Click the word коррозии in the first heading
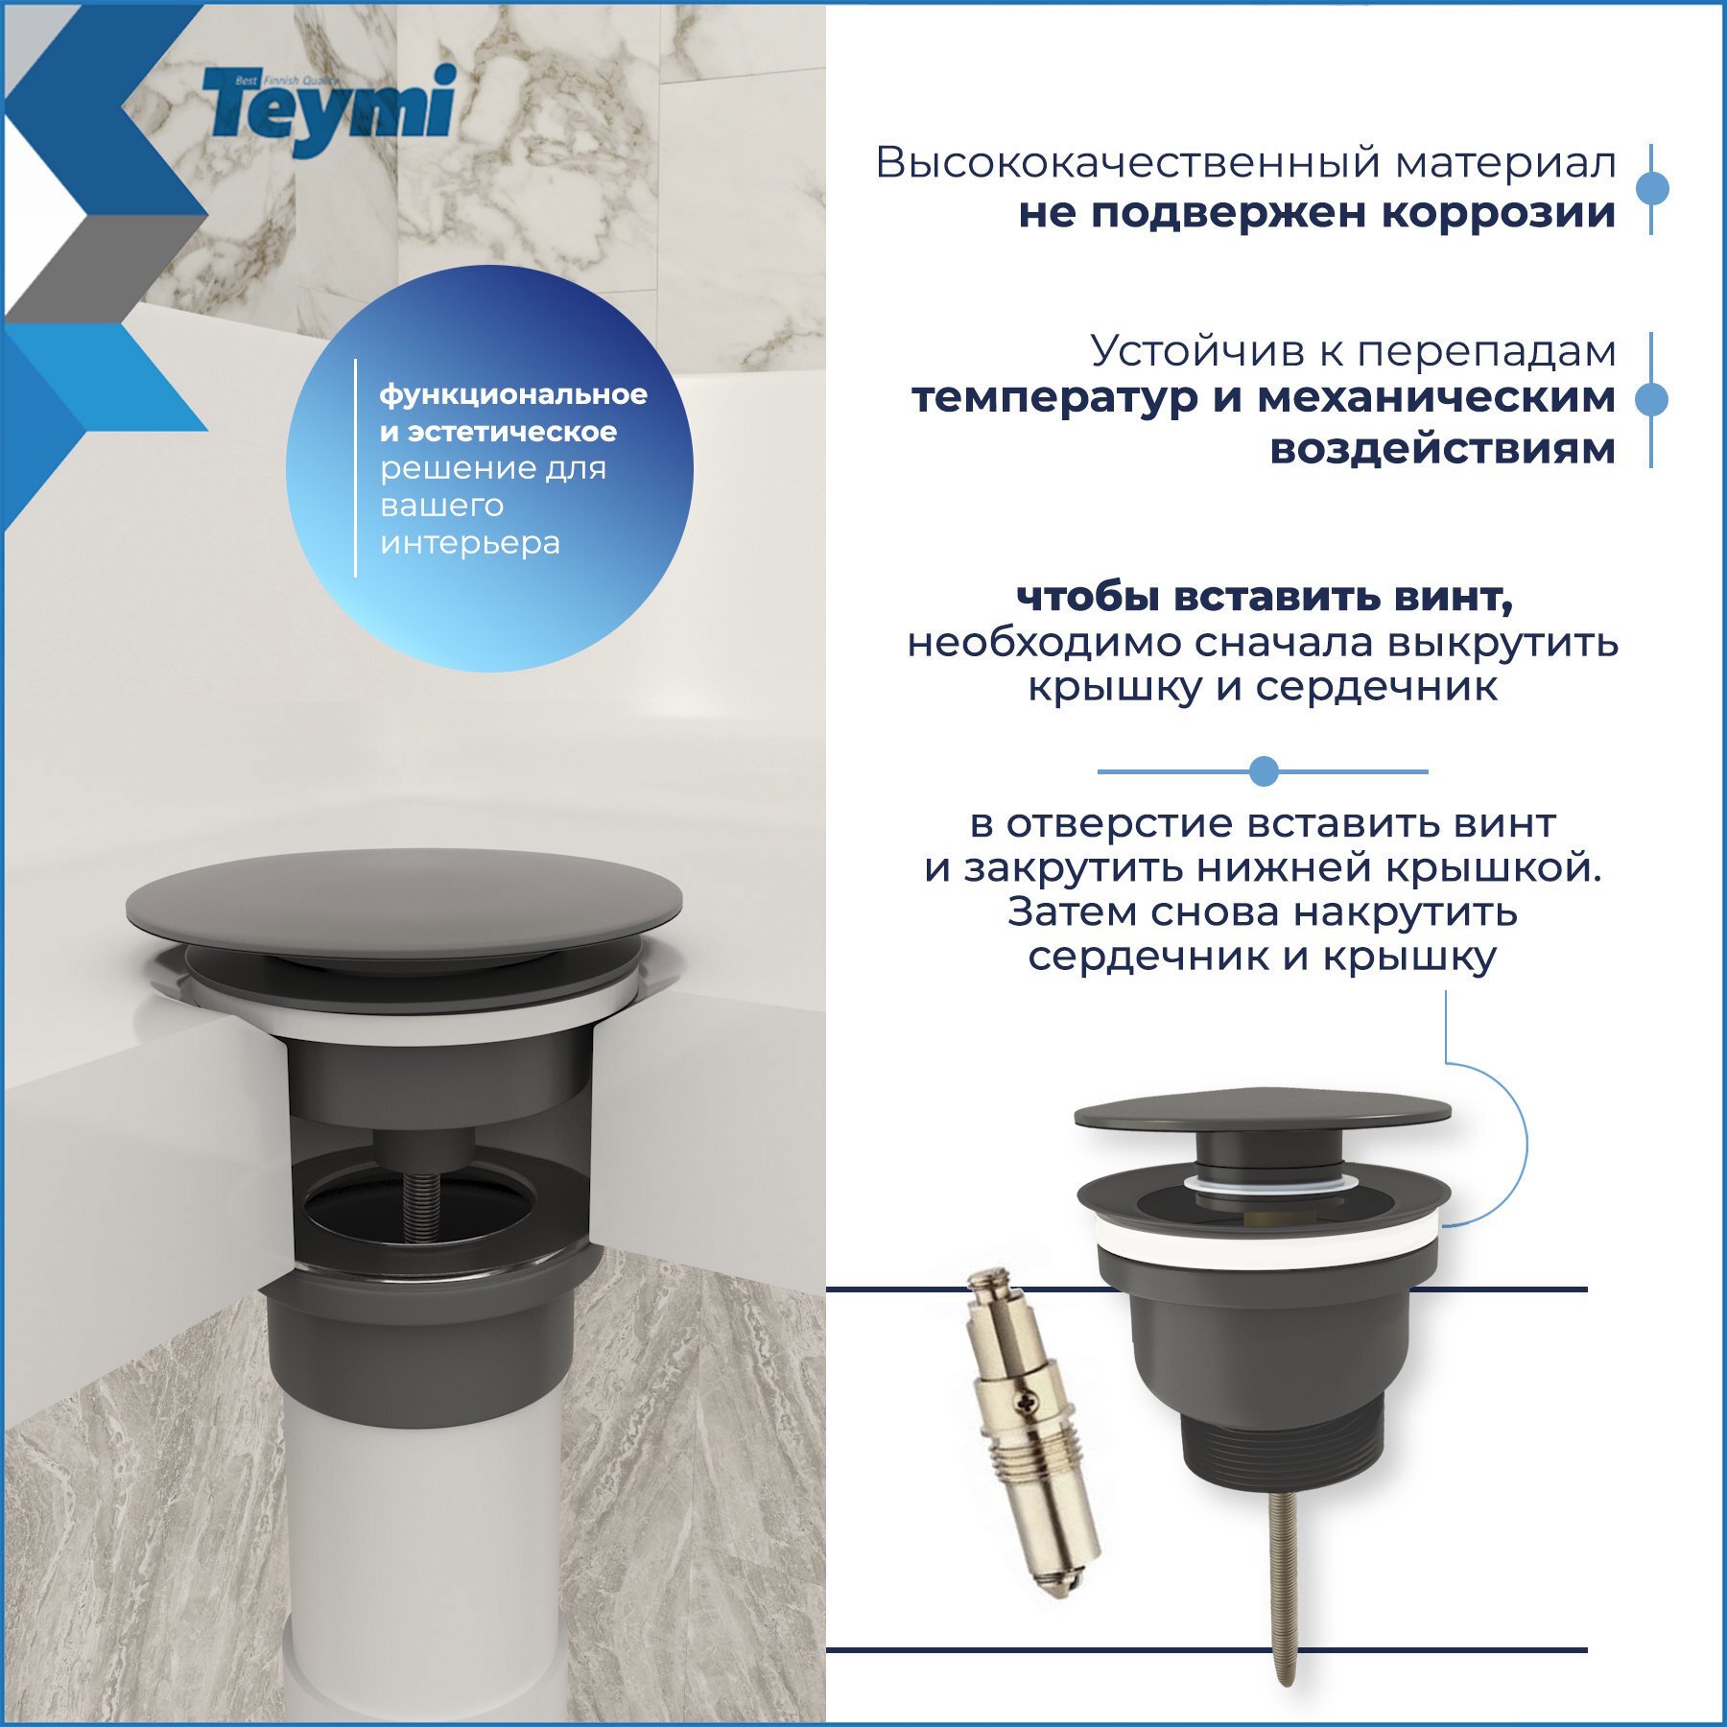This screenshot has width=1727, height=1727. coord(1498,213)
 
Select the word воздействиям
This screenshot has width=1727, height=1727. coord(1442,448)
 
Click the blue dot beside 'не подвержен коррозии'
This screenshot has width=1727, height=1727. coord(1651,188)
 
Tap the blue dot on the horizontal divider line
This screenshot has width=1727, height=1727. coord(1264,770)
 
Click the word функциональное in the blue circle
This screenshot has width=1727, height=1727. coord(513,394)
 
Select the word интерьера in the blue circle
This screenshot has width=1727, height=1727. coord(470,543)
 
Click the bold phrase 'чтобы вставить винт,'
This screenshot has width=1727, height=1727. coord(1264,597)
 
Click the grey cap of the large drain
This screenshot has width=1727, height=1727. coord(403,902)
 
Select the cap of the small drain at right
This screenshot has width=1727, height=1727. coord(1262,1113)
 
